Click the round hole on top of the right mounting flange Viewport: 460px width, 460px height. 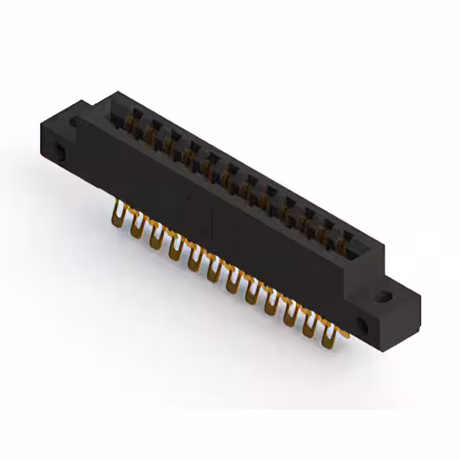pos(385,295)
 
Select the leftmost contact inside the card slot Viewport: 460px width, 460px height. pos(132,119)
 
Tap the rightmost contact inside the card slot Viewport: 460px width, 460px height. pos(348,236)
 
